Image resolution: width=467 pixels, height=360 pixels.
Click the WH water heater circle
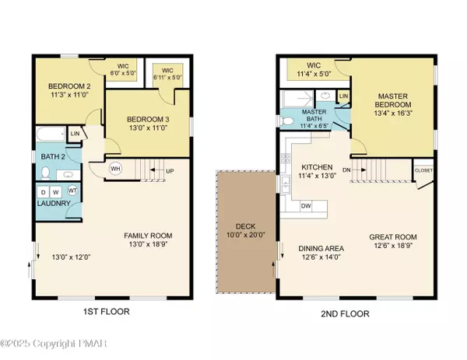115,169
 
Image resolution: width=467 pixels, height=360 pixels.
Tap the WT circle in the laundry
72,190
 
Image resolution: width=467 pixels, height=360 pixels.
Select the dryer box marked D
44,192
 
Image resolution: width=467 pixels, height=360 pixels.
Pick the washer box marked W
56,192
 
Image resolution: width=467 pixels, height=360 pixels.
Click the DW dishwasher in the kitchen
306,206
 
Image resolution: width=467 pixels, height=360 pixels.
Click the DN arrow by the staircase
360,170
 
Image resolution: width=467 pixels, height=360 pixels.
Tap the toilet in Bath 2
45,173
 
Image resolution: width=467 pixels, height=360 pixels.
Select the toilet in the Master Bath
286,121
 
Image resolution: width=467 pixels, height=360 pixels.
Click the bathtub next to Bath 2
51,135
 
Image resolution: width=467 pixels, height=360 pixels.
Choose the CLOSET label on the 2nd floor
423,170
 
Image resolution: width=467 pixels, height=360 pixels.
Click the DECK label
245,226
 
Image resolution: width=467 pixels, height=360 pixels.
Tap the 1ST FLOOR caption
107,312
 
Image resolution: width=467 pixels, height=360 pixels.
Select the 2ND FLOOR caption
345,313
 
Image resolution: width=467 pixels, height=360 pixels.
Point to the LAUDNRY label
54,204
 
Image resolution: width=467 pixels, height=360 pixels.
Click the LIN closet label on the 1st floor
75,134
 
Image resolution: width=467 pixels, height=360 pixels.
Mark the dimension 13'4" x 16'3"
393,114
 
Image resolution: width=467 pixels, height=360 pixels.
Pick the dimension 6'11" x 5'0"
167,77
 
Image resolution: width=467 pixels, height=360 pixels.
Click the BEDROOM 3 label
148,120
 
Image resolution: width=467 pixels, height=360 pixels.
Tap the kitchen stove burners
286,158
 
